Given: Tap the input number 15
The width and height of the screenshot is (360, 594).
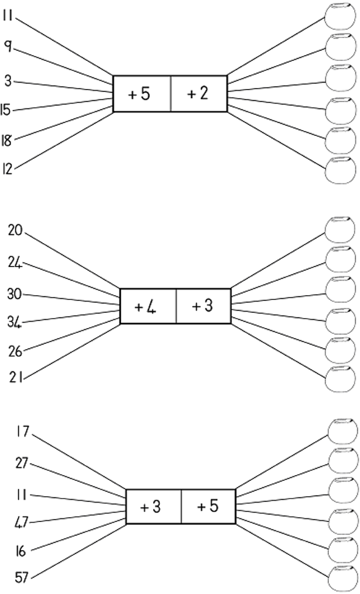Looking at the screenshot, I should coord(6,110).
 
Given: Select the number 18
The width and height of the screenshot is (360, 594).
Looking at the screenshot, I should coord(6,139).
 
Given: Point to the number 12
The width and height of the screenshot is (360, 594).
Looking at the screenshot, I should coord(6,169).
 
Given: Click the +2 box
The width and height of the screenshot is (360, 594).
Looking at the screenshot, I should coord(198,94).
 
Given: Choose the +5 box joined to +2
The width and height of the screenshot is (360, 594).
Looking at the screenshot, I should coord(141,94).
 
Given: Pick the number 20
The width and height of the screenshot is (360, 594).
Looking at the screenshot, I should coord(15,230).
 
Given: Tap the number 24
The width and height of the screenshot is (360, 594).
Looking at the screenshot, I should coord(15,263).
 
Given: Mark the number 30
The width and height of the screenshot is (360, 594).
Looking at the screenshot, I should coord(15,293).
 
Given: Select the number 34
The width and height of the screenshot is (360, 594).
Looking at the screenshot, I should coord(15,321).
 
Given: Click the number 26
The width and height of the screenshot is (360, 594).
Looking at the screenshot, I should coord(16,351).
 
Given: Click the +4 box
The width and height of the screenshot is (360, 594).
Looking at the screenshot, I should coord(147,306).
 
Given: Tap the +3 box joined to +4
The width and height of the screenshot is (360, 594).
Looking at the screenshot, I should coord(203,306).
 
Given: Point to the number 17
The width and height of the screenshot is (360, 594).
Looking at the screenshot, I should coord(22,432).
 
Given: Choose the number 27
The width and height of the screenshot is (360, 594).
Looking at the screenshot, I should coord(22,463).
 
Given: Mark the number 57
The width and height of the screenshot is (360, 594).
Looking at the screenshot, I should coord(21,577).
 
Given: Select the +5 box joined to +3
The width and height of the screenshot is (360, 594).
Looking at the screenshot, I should coord(208,506).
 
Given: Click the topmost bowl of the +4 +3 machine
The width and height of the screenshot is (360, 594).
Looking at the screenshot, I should coord(340,228).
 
